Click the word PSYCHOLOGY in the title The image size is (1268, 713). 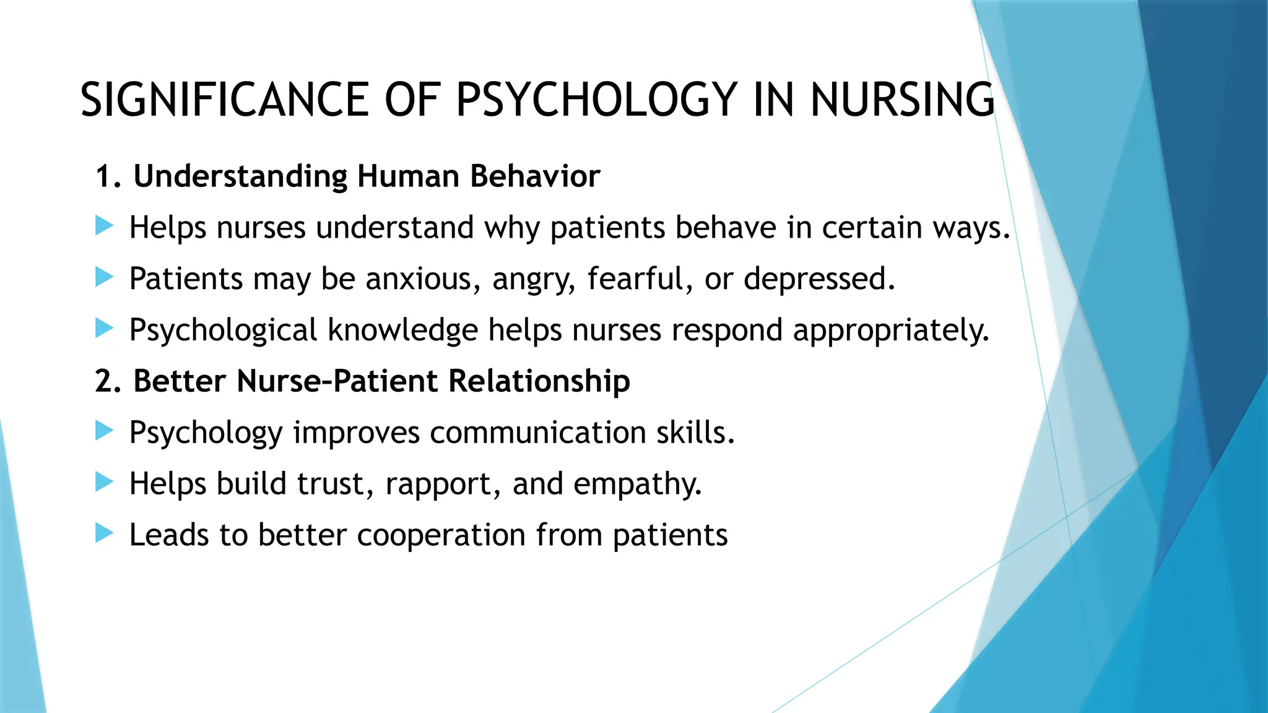[x=596, y=100]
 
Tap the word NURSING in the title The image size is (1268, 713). [x=902, y=100]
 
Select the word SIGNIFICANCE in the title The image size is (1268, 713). [x=225, y=100]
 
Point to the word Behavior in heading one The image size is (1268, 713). [x=535, y=176]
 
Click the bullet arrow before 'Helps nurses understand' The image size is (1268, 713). [x=104, y=226]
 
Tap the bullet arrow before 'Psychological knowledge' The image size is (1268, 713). [x=104, y=328]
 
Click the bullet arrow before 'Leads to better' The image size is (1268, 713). [x=104, y=533]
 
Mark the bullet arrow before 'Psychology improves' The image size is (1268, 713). [x=104, y=430]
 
